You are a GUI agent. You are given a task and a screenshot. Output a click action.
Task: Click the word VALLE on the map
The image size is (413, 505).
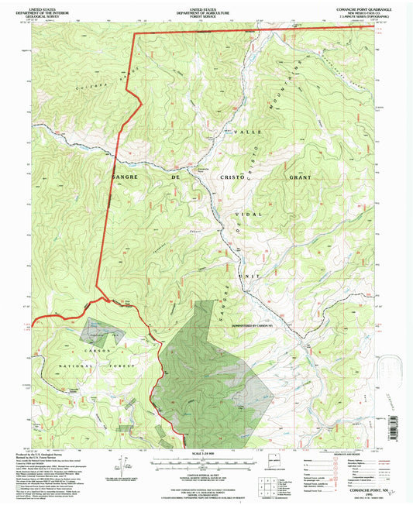(247, 132)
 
